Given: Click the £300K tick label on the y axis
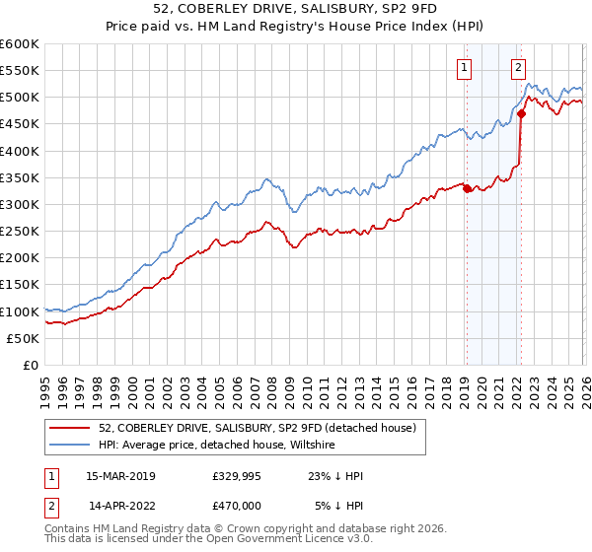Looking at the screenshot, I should click(20, 205).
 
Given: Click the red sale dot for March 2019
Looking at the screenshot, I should click(466, 188).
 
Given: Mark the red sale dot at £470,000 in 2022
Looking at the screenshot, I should click(520, 113).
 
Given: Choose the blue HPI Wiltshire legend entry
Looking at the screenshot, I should click(217, 446).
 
